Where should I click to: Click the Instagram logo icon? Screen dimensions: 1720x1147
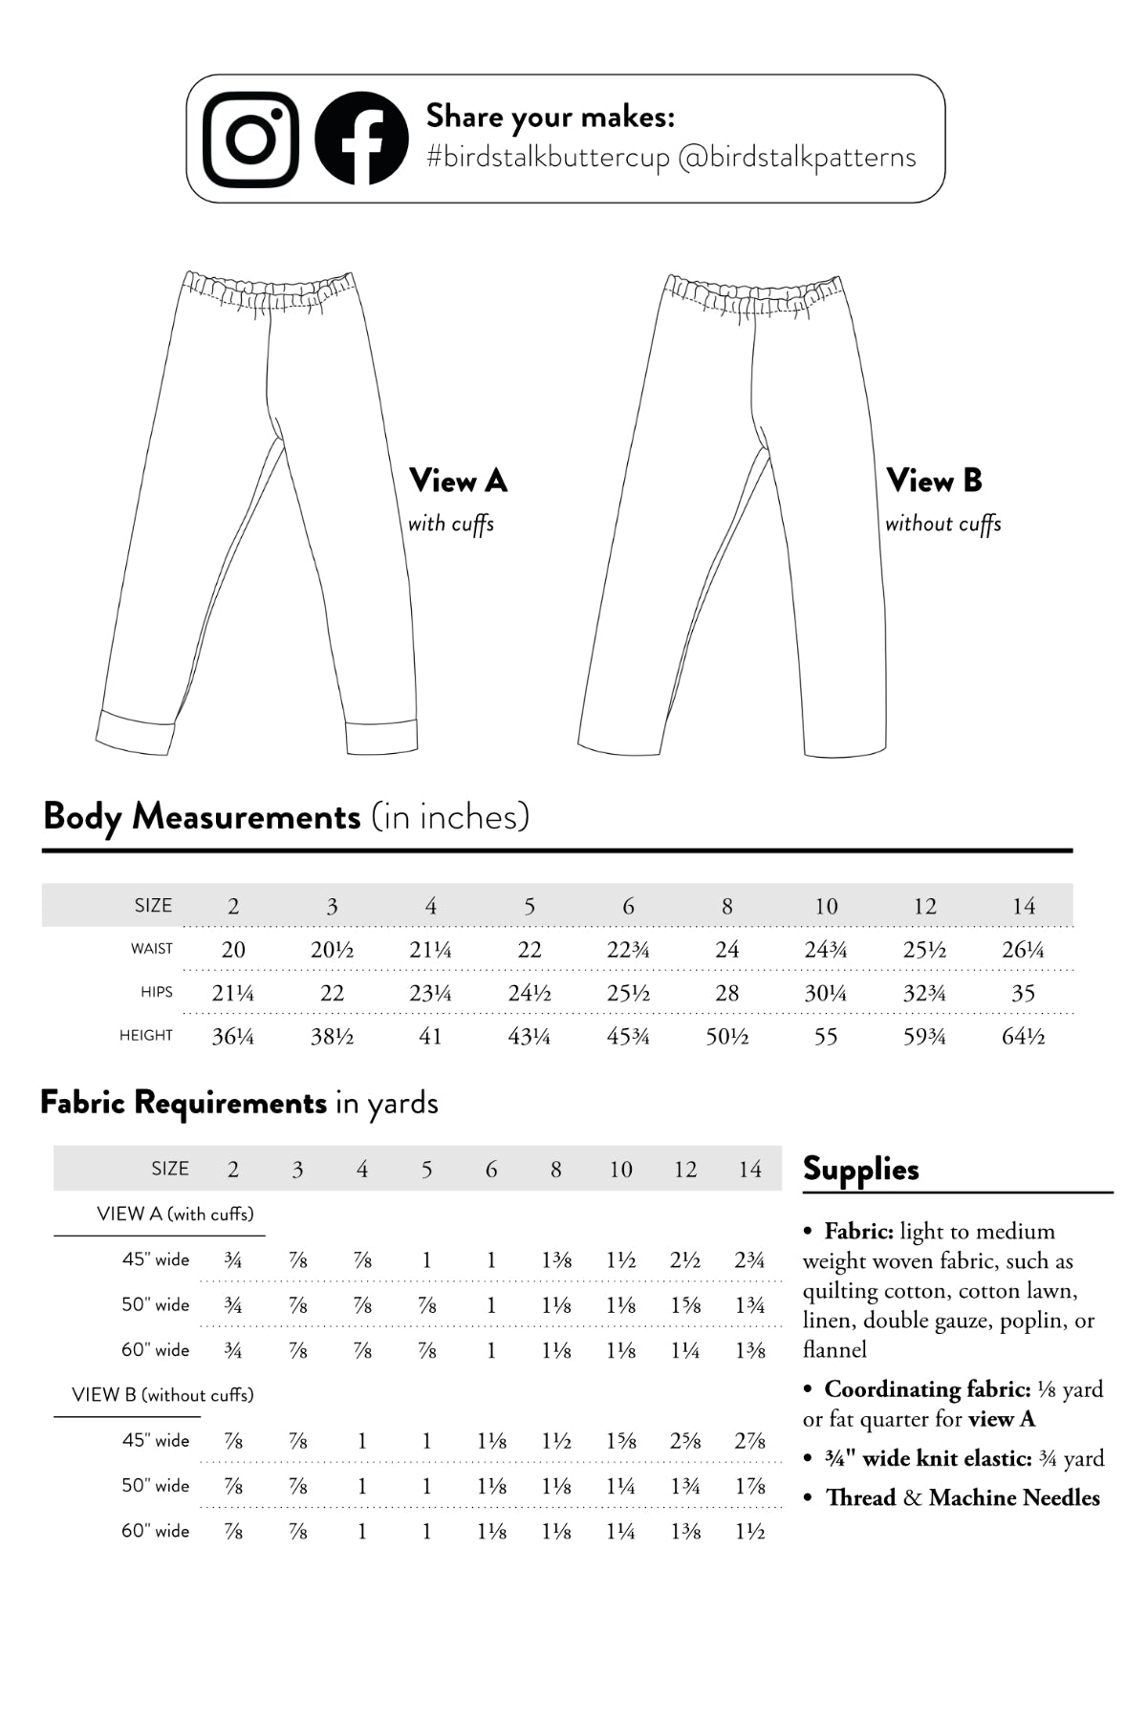pyautogui.click(x=250, y=140)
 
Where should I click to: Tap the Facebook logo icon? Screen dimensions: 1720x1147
pyautogui.click(x=361, y=140)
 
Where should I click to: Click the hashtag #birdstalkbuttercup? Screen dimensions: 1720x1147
pyautogui.click(x=548, y=158)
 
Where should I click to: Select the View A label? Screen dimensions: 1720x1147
pyautogui.click(x=458, y=481)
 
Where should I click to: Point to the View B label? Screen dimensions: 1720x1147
pyautogui.click(x=934, y=481)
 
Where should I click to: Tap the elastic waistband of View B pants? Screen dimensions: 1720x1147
pyautogui.click(x=754, y=292)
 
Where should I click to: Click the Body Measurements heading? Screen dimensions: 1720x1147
pyautogui.click(x=202, y=817)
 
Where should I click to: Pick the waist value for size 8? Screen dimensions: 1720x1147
pyautogui.click(x=726, y=950)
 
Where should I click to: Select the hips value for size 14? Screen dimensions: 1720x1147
pyautogui.click(x=1023, y=994)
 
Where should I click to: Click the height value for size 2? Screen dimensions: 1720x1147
pyautogui.click(x=232, y=1037)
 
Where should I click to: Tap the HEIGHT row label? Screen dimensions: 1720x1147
pyautogui.click(x=146, y=1036)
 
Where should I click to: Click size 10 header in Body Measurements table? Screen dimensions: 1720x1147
pyautogui.click(x=826, y=906)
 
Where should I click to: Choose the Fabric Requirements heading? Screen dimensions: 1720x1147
pyautogui.click(x=184, y=1103)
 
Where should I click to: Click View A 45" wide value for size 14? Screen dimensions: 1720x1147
pyautogui.click(x=749, y=1260)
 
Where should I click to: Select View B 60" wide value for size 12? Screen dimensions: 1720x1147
pyautogui.click(x=685, y=1532)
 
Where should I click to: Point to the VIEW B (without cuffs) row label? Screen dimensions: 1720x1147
pyautogui.click(x=162, y=1395)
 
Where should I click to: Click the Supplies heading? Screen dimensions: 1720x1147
pyautogui.click(x=860, y=1169)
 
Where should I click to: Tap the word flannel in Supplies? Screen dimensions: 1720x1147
pyautogui.click(x=834, y=1350)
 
